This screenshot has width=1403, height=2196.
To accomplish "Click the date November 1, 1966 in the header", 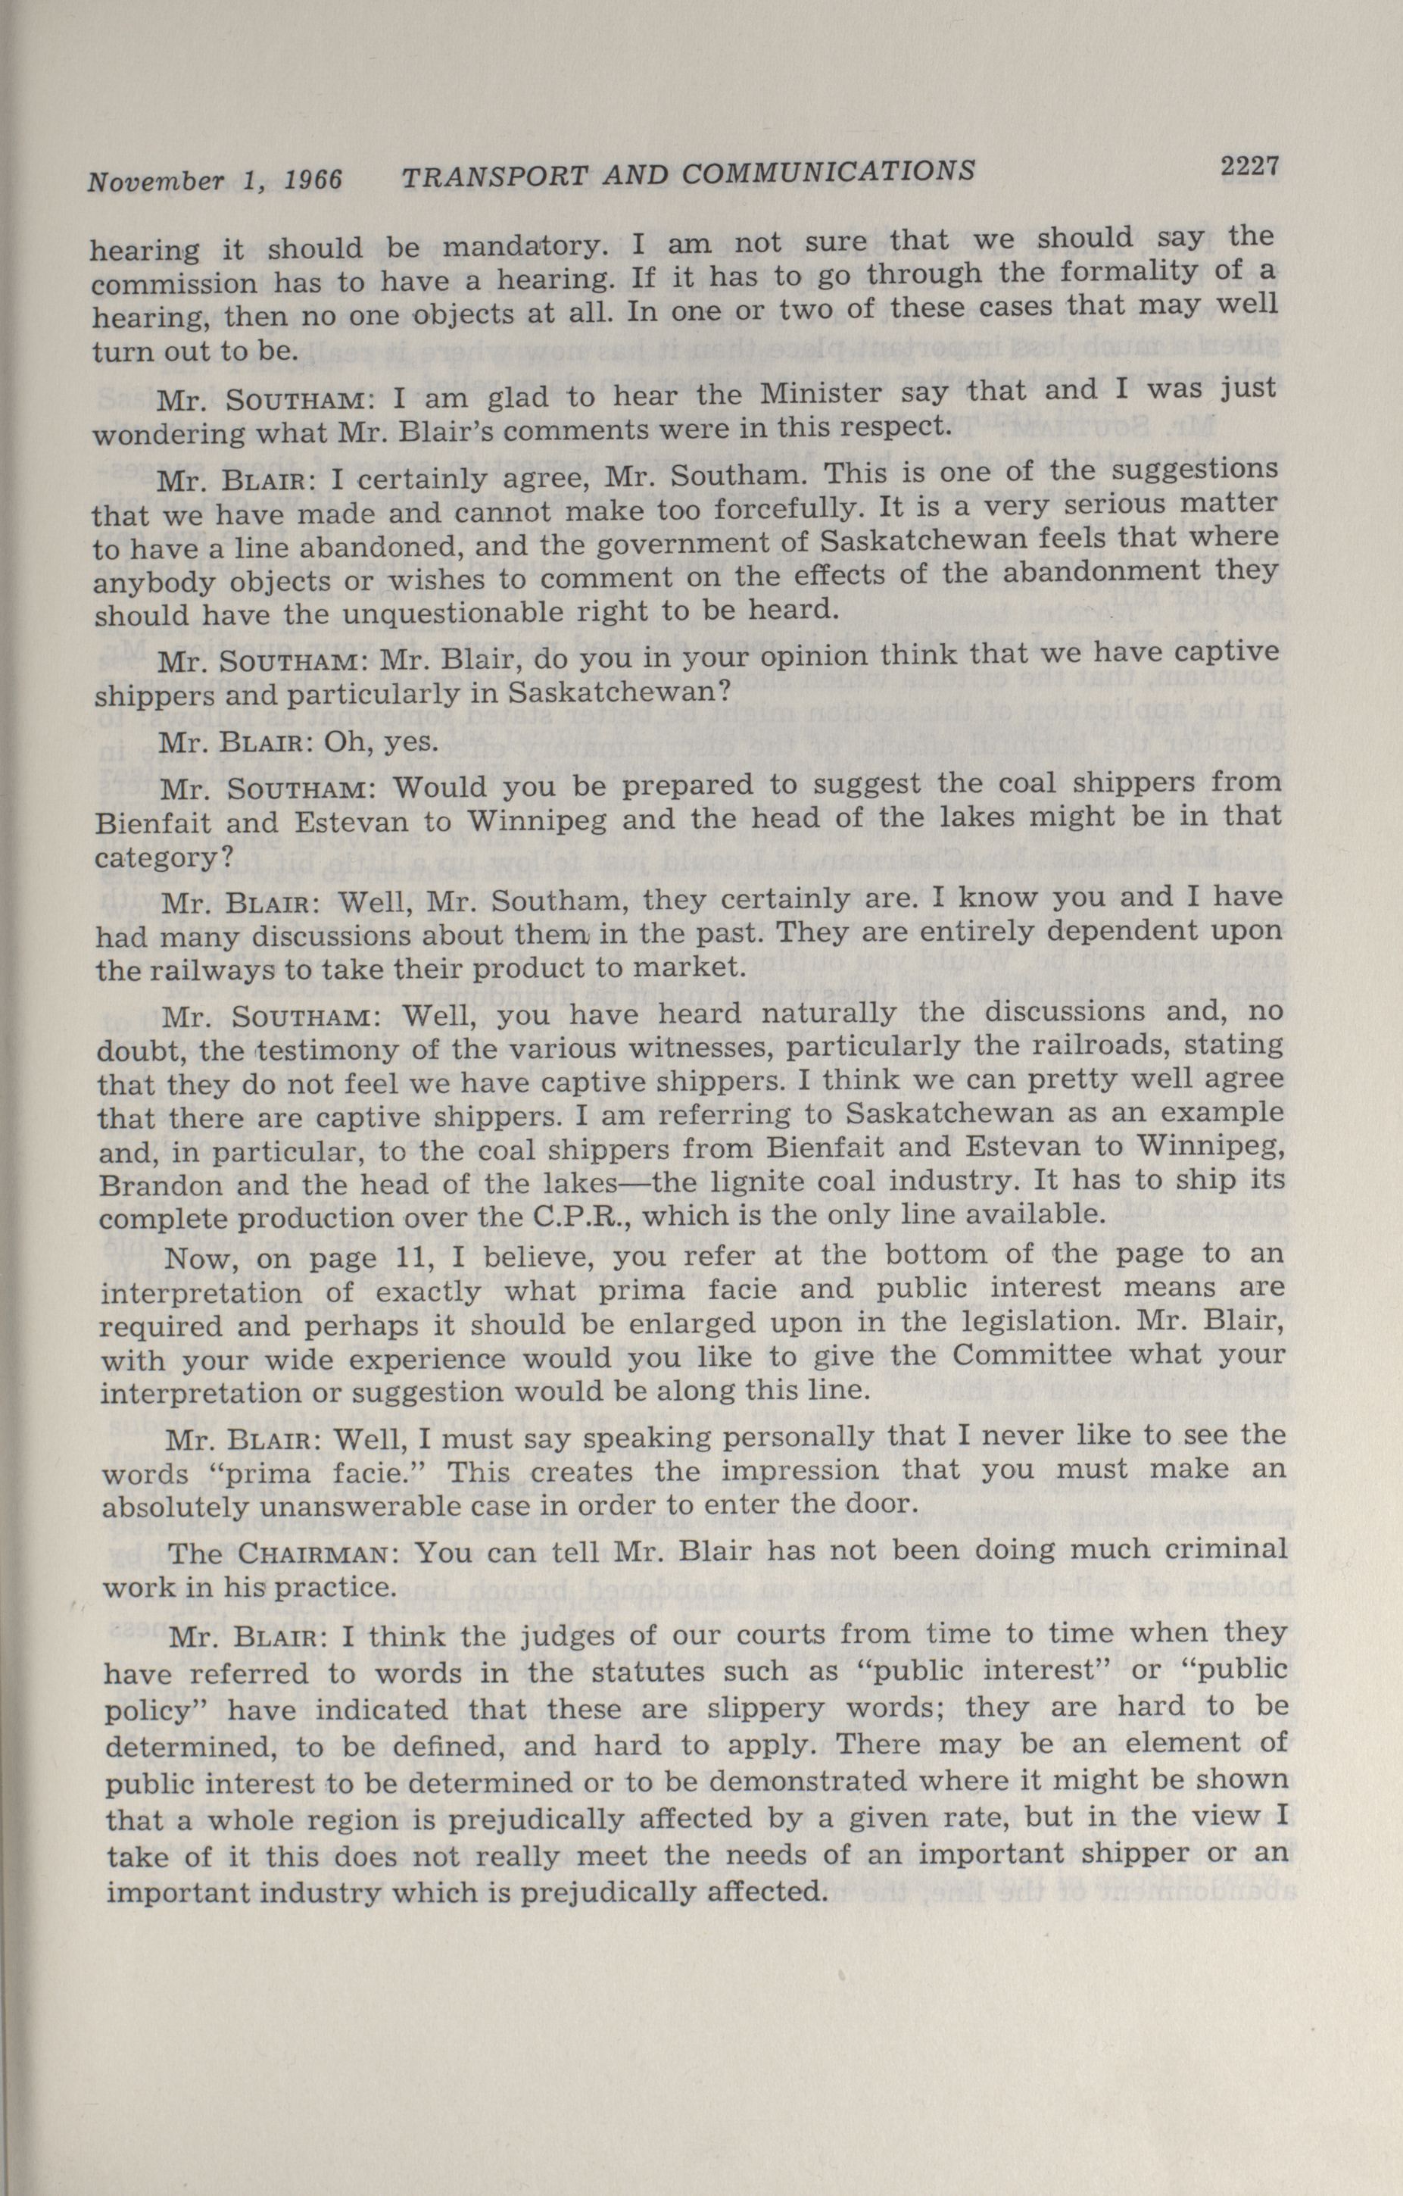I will pyautogui.click(x=214, y=180).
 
